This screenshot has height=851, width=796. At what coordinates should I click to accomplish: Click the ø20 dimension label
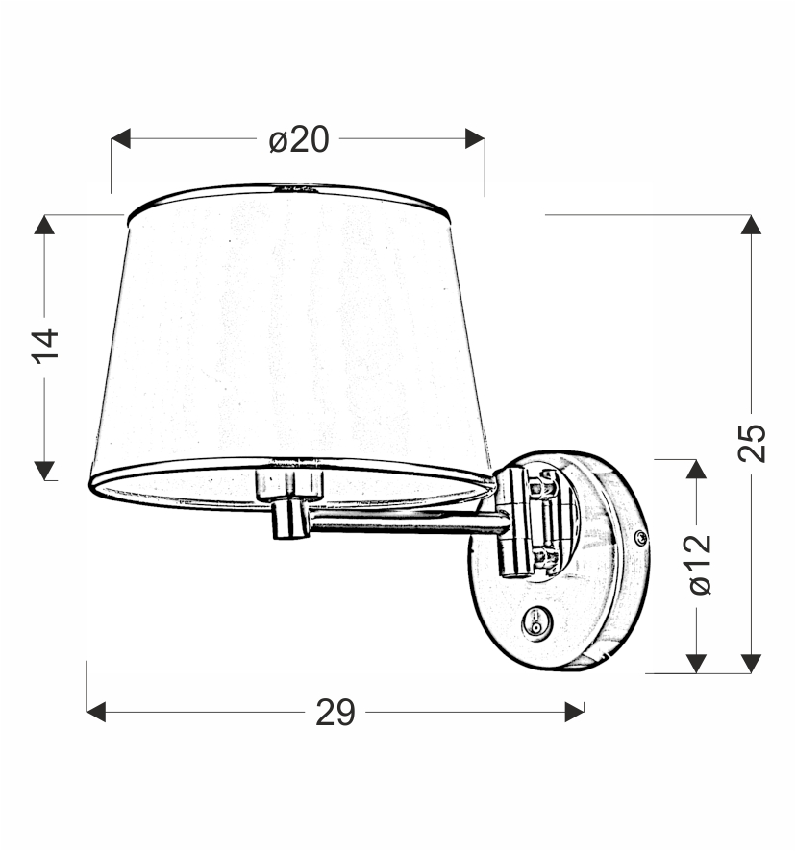coord(298,139)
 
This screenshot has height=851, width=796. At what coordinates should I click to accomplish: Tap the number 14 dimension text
coord(45,346)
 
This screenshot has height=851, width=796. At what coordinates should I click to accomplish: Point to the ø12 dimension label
coord(699,565)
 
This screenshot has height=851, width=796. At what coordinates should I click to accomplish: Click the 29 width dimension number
coord(336,713)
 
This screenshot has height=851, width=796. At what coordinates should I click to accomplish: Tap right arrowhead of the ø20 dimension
coord(474,139)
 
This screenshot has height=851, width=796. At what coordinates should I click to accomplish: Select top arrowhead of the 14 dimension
coord(44,225)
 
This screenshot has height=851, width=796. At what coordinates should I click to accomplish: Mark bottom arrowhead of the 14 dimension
coord(44,470)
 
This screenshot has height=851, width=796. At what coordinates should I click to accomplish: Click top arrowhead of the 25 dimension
coord(752,225)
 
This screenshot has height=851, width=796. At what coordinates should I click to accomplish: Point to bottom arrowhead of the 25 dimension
coord(752,663)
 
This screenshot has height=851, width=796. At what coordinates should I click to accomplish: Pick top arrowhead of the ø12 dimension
coord(696,470)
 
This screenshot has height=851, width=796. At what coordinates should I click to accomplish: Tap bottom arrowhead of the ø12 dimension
coord(696,663)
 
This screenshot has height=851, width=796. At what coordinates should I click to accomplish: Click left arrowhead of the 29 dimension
coord(96,712)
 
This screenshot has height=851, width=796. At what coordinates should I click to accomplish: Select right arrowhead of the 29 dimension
coord(574,712)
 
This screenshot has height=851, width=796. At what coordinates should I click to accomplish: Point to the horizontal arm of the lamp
coord(404,522)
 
